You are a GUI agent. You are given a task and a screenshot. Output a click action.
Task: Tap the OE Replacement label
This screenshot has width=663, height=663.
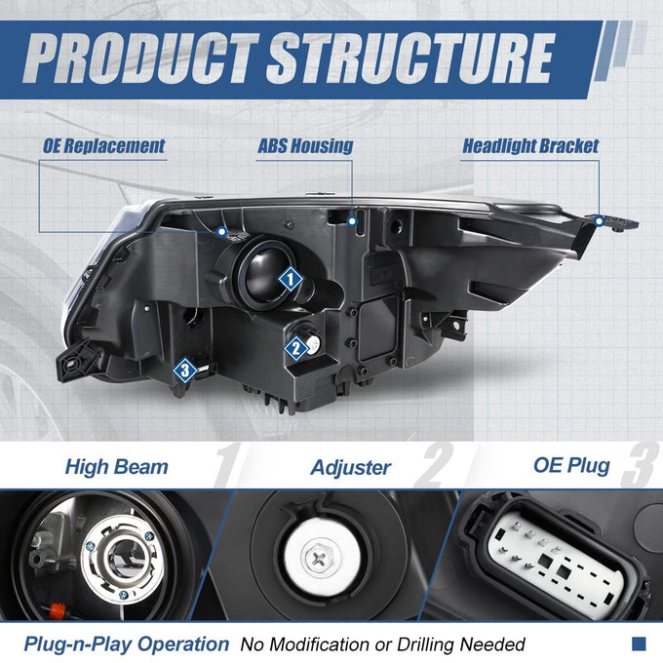point(103,146)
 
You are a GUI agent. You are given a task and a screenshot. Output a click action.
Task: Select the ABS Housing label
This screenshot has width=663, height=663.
point(305,146)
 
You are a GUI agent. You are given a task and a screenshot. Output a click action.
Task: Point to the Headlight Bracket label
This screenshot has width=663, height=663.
point(530,146)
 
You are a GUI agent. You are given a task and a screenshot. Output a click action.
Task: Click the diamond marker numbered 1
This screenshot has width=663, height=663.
point(291,279)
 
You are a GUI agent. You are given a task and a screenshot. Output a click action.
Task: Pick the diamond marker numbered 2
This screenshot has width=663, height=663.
point(296,348)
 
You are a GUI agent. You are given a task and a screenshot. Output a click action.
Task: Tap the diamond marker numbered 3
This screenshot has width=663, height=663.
point(185,370)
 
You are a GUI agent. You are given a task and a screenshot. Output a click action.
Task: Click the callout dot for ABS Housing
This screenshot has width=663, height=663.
point(352,221)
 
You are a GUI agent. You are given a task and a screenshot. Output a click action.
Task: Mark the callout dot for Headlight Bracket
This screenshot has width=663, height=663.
point(599,220)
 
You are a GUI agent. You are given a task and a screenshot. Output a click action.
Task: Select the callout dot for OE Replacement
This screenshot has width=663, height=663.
point(221,231)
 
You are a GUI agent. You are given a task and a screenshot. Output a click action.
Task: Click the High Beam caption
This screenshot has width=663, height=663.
point(117,467)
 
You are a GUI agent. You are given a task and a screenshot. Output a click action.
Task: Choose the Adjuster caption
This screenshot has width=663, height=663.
point(351,468)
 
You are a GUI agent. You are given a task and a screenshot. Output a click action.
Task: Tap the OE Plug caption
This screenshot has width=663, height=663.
point(571,465)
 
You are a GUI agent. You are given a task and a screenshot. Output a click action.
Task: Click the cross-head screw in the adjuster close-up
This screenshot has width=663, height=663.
point(319,561)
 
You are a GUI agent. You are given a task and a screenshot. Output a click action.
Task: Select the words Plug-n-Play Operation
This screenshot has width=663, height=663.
point(127,644)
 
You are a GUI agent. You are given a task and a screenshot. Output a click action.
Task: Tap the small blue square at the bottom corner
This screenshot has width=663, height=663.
point(639,643)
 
